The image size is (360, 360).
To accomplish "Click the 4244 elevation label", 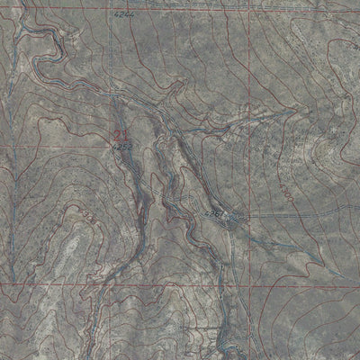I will tap(123, 15).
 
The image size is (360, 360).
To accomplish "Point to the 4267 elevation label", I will tap(214, 215).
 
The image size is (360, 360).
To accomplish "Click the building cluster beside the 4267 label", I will tap(231, 219).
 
